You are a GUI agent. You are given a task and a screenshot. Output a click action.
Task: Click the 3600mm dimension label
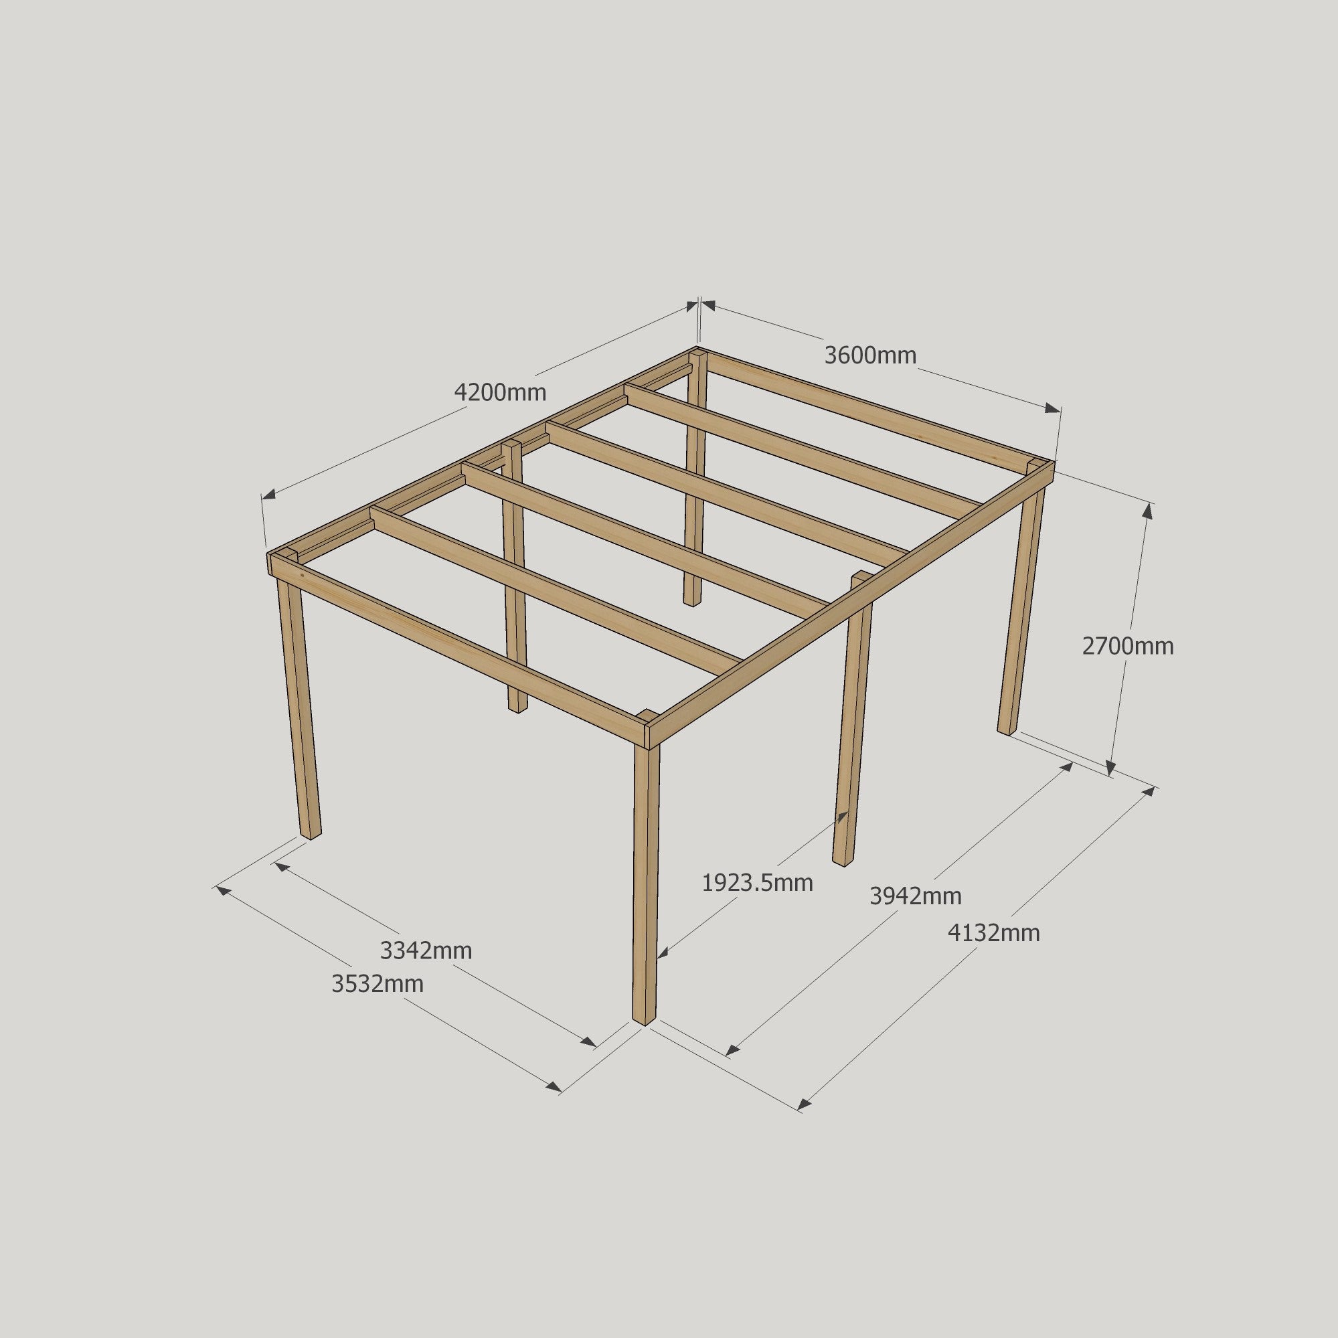pos(870,355)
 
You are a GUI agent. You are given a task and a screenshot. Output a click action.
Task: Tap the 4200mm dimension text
pos(500,393)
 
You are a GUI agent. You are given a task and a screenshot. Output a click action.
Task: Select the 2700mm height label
pos(1127,646)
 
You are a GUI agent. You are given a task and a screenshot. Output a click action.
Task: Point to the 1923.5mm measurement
pos(757,883)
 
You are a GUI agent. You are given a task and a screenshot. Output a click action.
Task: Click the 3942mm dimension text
pos(916,896)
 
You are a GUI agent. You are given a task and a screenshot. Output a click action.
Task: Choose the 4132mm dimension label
pos(994,934)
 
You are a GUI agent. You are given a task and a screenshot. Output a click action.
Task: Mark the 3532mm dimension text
pos(378,983)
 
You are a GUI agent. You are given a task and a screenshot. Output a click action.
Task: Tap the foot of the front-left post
pos(311,833)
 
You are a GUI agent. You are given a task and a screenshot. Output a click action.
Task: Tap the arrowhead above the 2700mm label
pos(1147,511)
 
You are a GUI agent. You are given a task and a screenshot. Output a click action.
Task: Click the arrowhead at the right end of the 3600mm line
pos(1053,408)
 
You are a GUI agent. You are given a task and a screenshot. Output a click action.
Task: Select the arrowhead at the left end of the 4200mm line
pos(268,495)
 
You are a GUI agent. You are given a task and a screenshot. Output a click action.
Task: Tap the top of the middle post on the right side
pos(861,576)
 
